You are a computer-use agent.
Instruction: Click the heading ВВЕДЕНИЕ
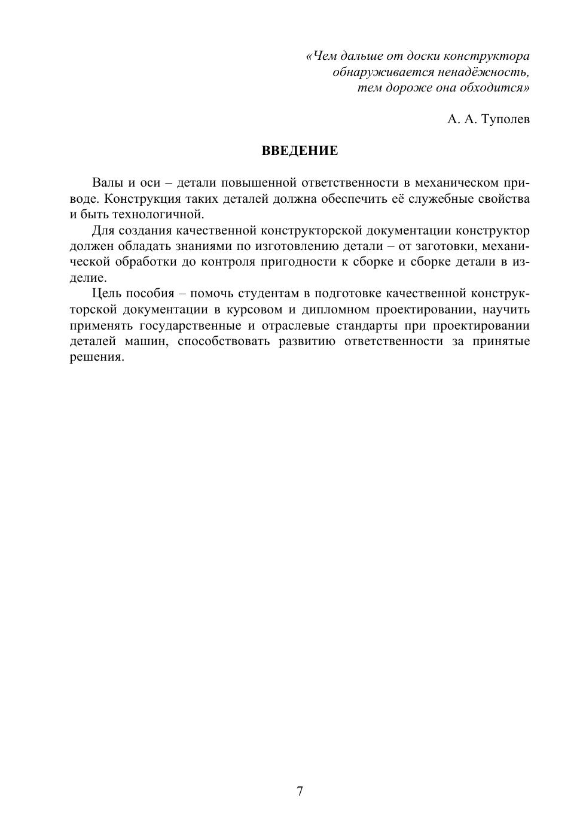coord(300,151)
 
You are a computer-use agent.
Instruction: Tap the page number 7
coord(300,791)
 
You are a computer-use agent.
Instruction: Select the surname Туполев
coord(505,119)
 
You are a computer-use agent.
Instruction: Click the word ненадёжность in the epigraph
coord(488,72)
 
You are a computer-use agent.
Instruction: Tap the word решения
coord(97,357)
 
